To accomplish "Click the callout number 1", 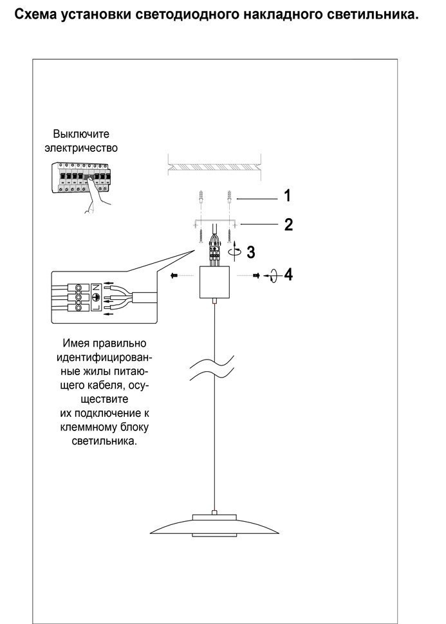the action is click(x=288, y=196).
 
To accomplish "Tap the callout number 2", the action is click(x=289, y=225).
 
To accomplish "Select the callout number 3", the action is click(x=251, y=252).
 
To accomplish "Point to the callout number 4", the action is click(x=288, y=275).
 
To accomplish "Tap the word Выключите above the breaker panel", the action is click(x=81, y=134).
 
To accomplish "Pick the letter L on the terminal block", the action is click(x=97, y=307).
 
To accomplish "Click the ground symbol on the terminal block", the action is click(x=97, y=297).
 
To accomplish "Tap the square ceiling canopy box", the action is click(x=215, y=282).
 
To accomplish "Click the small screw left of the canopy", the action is click(x=174, y=275).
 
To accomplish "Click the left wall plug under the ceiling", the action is click(x=201, y=197).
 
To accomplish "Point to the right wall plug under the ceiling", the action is click(x=229, y=197).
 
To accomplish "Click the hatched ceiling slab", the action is click(x=215, y=167).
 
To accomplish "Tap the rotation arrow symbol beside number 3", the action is click(x=236, y=251).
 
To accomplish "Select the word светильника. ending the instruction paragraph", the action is click(x=104, y=441).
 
